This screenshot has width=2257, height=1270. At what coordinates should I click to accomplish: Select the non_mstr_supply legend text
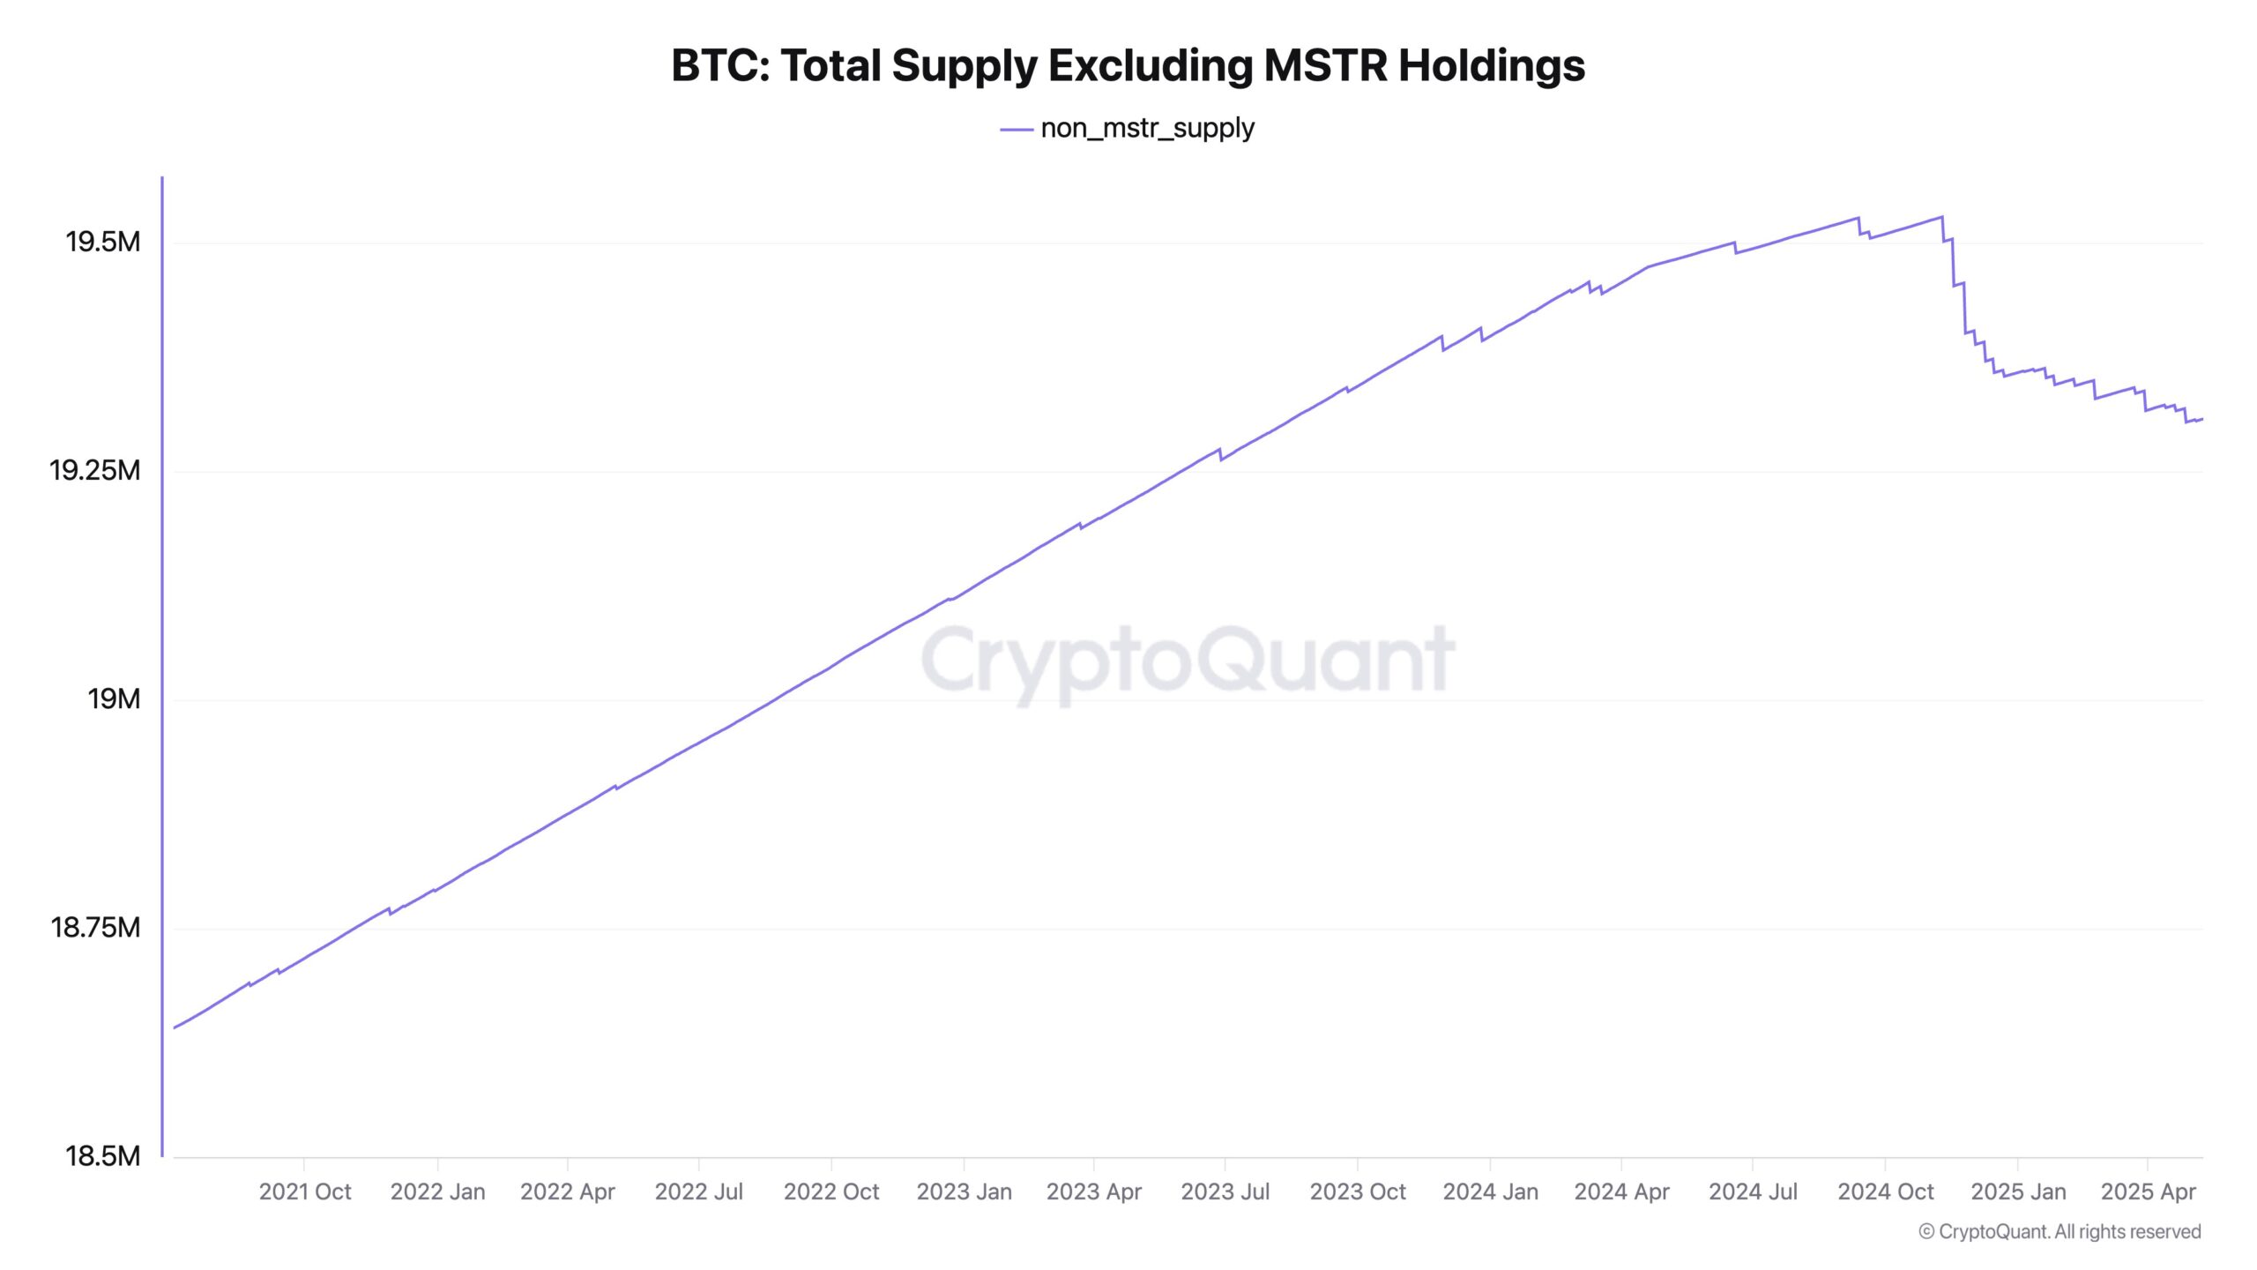click(x=1147, y=129)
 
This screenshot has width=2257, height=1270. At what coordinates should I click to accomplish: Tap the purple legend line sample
click(x=1016, y=130)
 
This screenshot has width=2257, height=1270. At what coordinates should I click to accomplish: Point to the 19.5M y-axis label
click(x=102, y=242)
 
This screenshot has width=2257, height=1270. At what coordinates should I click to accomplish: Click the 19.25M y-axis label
click(x=94, y=471)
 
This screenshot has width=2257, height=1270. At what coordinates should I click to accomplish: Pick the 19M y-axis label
click(x=113, y=699)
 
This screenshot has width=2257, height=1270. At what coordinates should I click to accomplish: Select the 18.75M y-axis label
click(x=95, y=928)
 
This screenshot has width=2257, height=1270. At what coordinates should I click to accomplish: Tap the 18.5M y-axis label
click(x=102, y=1156)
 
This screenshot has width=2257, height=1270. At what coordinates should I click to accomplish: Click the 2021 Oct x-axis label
click(x=304, y=1192)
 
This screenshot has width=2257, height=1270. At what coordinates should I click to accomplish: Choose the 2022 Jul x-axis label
click(x=698, y=1192)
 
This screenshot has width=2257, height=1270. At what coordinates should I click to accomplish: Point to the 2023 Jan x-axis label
click(x=964, y=1192)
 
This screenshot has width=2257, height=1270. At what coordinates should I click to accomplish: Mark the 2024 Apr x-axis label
click(x=1621, y=1192)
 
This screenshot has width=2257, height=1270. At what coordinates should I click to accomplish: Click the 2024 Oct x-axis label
click(x=1885, y=1192)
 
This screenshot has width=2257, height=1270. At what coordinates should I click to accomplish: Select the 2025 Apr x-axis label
click(x=2148, y=1192)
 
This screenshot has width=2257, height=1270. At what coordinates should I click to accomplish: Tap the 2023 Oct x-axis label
click(x=1358, y=1192)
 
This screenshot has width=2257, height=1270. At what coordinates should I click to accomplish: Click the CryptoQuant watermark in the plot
click(x=1188, y=660)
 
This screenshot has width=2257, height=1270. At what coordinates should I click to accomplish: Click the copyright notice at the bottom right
click(x=2060, y=1232)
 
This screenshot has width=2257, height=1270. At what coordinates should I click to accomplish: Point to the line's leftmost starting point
click(x=175, y=1028)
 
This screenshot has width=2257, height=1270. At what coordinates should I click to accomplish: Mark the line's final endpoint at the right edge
click(x=2201, y=419)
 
